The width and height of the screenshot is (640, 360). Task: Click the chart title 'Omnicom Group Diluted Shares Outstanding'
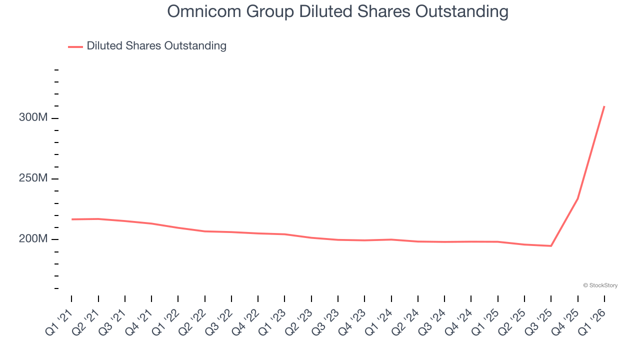pos(337,11)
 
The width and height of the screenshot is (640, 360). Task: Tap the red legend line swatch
pos(75,46)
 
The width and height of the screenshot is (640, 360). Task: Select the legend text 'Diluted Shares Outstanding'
pos(156,46)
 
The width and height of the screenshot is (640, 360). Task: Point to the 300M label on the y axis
pos(33,118)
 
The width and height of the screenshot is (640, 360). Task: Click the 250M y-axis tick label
pos(33,178)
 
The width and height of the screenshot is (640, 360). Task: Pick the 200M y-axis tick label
pos(33,239)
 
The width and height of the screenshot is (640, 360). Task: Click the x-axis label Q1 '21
pos(59,321)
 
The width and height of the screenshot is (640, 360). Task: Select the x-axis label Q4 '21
pos(139,321)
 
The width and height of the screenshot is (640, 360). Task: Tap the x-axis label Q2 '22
pos(192,321)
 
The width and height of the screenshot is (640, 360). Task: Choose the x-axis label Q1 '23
pos(272,321)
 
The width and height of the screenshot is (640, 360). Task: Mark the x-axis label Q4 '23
pos(352,321)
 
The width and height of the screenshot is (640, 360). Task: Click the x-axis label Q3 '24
pos(432,321)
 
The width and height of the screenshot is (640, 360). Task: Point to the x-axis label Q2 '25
pos(512,321)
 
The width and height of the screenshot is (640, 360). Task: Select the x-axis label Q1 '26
pos(592,321)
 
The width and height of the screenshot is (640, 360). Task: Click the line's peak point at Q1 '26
pos(604,106)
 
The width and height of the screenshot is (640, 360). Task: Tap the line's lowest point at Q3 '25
pos(551,245)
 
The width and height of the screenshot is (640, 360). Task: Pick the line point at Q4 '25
pos(578,198)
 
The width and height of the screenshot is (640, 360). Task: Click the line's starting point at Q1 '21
pos(71,219)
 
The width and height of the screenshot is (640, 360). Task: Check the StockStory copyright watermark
pos(600,285)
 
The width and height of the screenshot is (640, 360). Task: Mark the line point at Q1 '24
pos(391,239)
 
